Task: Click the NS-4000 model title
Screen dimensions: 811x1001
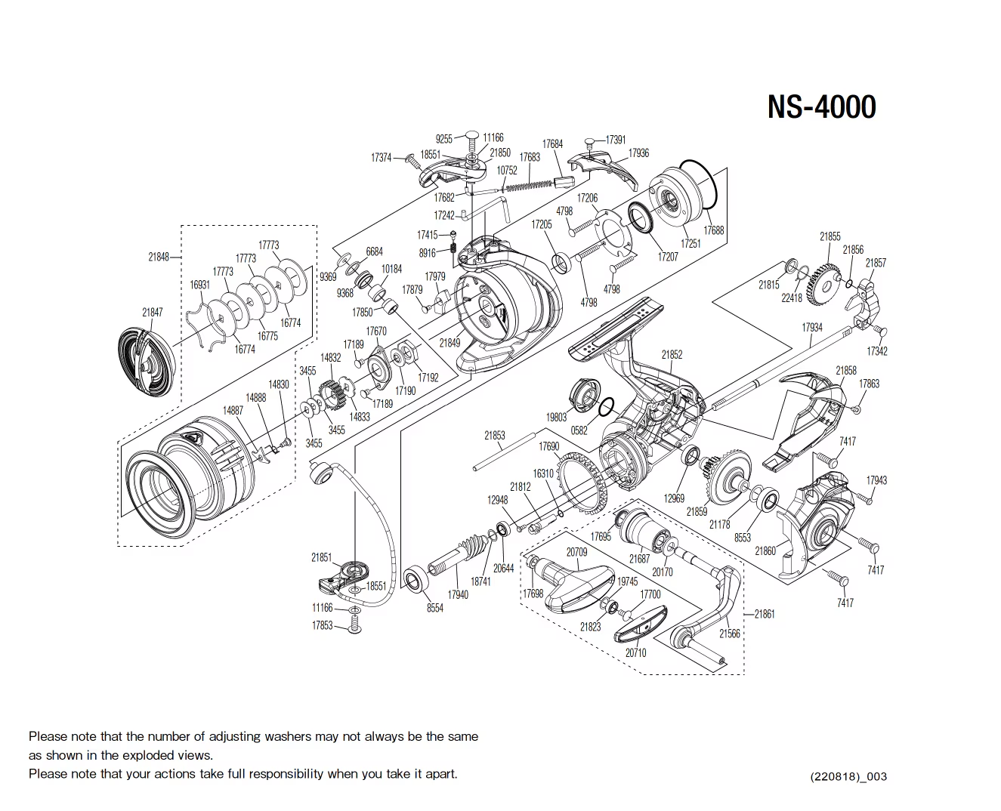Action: tap(821, 106)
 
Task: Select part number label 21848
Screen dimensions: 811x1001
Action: tap(159, 257)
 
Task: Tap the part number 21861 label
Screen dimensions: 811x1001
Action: tap(765, 614)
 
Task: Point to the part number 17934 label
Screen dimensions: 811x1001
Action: tap(812, 328)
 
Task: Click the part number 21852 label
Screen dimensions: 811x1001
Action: tap(672, 354)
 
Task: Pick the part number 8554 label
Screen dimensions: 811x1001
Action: tap(435, 608)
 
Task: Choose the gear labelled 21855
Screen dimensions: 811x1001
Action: tap(821, 280)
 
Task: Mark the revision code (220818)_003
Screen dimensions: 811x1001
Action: tap(848, 776)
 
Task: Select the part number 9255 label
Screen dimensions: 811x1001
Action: tap(444, 139)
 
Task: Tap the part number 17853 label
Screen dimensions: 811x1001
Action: tap(322, 625)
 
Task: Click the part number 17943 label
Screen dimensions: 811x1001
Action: tap(876, 480)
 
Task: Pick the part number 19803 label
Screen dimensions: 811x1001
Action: tap(556, 417)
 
